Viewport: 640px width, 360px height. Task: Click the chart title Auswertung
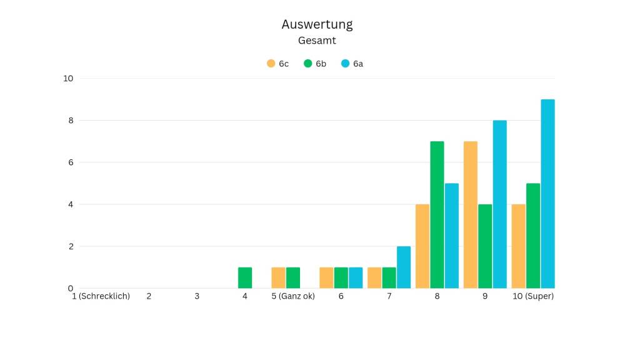pyautogui.click(x=317, y=24)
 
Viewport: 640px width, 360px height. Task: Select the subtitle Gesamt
pyautogui.click(x=317, y=41)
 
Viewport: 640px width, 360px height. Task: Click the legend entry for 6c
pyautogui.click(x=277, y=64)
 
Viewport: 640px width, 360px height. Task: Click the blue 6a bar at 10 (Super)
pyautogui.click(x=547, y=194)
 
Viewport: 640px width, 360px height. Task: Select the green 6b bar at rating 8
pyautogui.click(x=437, y=215)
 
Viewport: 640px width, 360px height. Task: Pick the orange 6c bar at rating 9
pyautogui.click(x=471, y=215)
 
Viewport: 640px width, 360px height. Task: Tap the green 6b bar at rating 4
pyautogui.click(x=245, y=278)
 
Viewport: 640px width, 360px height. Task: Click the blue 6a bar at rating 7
pyautogui.click(x=404, y=267)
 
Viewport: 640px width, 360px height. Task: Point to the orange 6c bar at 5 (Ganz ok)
pyautogui.click(x=278, y=278)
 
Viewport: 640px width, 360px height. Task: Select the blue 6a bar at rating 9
pyautogui.click(x=499, y=204)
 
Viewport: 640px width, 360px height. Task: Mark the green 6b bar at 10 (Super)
pyautogui.click(x=533, y=236)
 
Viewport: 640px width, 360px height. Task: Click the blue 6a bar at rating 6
pyautogui.click(x=356, y=278)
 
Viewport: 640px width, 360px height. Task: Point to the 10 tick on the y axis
pyautogui.click(x=68, y=78)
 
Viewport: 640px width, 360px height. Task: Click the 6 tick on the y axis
pyautogui.click(x=71, y=162)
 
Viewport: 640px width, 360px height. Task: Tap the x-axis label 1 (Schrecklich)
pyautogui.click(x=101, y=296)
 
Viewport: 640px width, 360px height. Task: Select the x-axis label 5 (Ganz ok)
pyautogui.click(x=293, y=296)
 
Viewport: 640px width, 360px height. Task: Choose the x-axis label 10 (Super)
pyautogui.click(x=533, y=296)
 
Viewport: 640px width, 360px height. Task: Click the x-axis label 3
pyautogui.click(x=197, y=296)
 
